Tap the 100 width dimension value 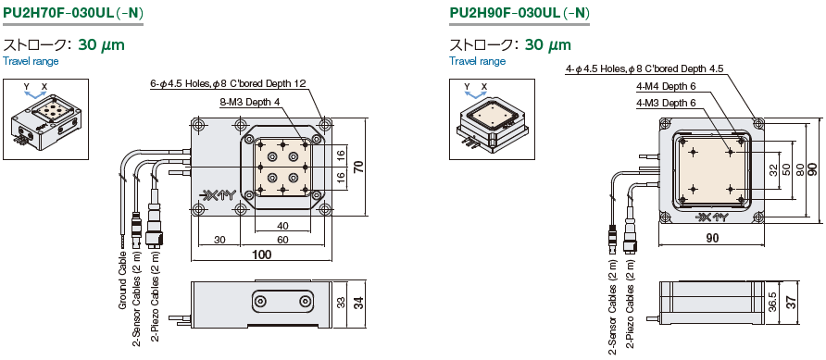point(262,254)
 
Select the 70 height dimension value point(358,168)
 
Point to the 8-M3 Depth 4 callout point(250,103)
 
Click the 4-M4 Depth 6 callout point(664,86)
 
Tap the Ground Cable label point(122,279)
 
